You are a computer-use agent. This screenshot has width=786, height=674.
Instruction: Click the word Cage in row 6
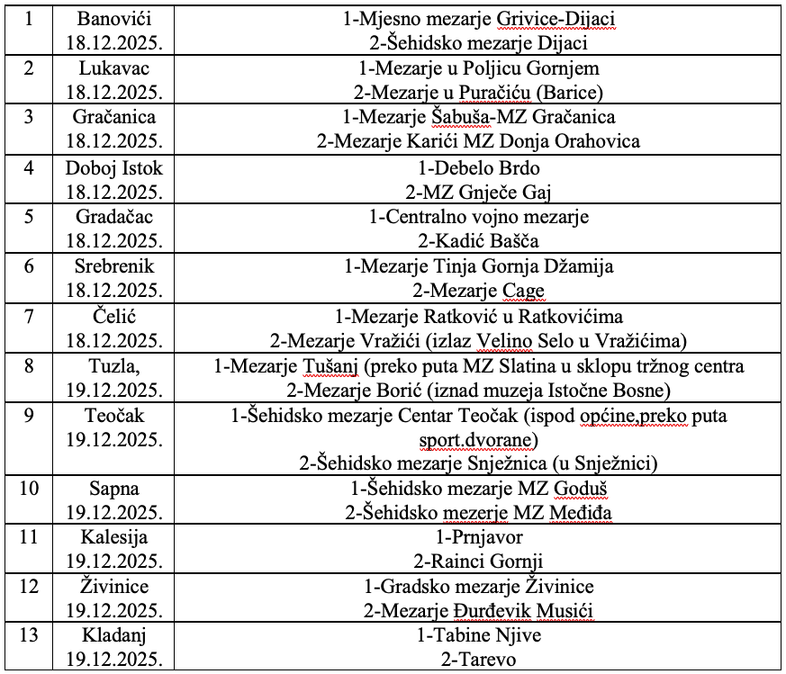(x=524, y=290)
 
